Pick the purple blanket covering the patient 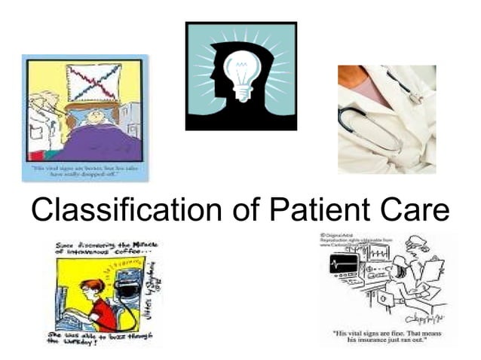[98, 143]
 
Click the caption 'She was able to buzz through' [98, 336]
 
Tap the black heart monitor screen [344, 264]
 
